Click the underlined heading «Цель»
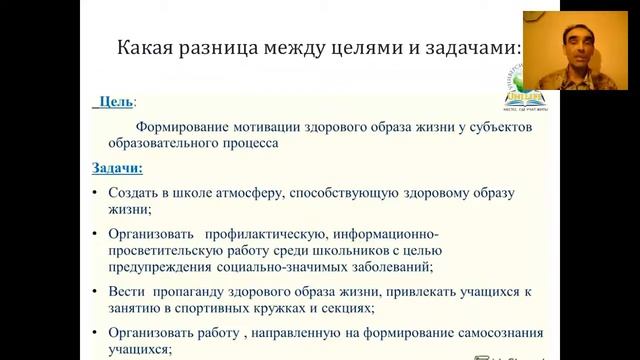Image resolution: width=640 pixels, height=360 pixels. (x=117, y=102)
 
